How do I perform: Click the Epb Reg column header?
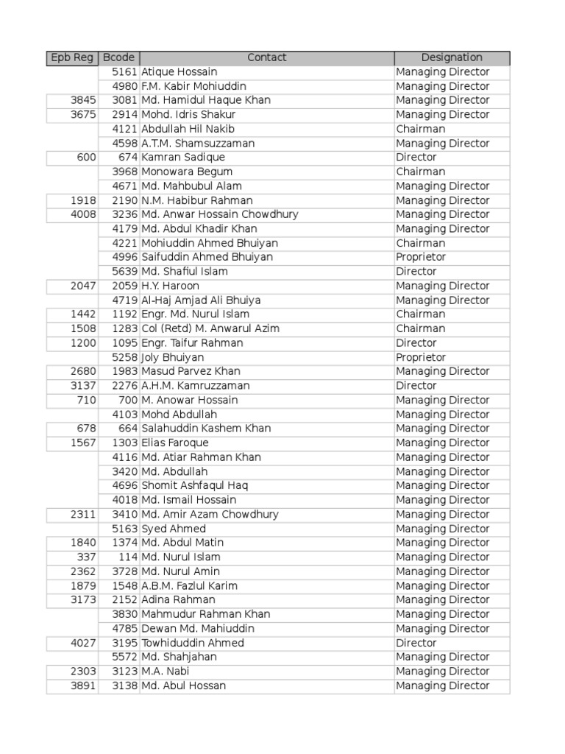click(x=71, y=57)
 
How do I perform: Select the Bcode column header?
click(x=118, y=57)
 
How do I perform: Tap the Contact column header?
click(x=266, y=57)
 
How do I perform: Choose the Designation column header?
click(x=452, y=57)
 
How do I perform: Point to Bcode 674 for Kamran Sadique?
click(x=128, y=158)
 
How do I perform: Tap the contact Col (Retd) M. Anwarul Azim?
click(x=210, y=328)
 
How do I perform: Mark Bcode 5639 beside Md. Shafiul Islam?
click(x=124, y=272)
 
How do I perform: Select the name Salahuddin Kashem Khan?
click(x=206, y=429)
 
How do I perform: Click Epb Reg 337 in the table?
click(x=87, y=557)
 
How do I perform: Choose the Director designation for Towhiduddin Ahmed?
click(x=416, y=643)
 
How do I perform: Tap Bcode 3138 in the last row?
click(x=124, y=686)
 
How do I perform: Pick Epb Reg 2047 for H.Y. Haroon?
click(x=83, y=286)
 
